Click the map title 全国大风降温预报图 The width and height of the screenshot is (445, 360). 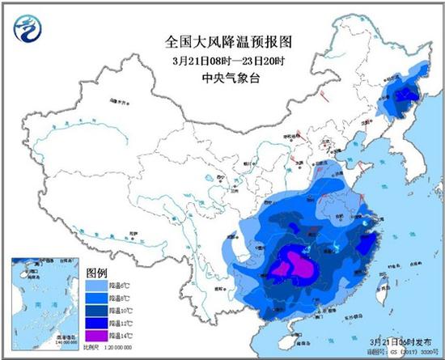pyautogui.click(x=222, y=40)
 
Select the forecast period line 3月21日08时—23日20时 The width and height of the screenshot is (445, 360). pyautogui.click(x=222, y=59)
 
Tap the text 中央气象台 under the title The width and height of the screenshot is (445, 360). pyautogui.click(x=222, y=78)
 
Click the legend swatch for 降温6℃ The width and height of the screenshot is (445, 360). pyautogui.click(x=94, y=285)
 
